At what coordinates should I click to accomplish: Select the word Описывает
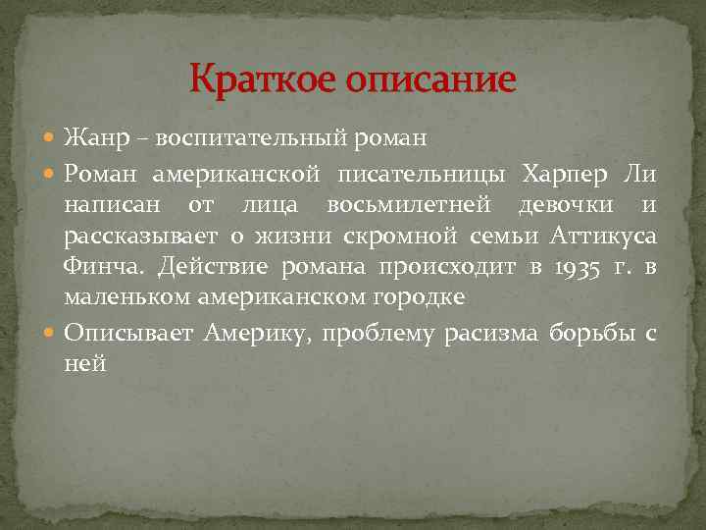coord(128,334)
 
